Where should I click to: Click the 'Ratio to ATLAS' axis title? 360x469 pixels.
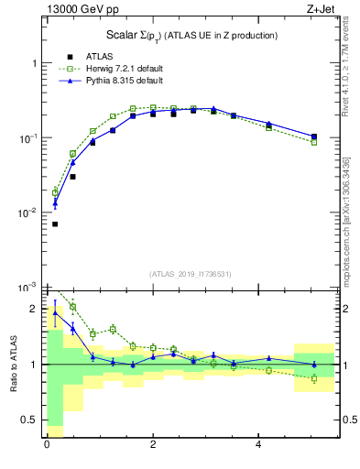(x=13, y=364)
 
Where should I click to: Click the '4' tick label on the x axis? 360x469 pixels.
(x=259, y=445)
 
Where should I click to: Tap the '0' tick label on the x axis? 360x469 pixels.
(x=47, y=445)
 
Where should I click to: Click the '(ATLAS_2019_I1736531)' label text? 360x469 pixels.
(x=191, y=274)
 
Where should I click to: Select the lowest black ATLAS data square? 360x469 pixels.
(x=55, y=224)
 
